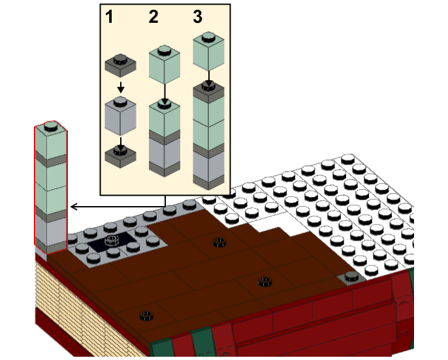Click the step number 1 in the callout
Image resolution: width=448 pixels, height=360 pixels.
[110, 17]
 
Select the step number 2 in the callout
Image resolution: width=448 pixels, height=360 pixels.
[153, 17]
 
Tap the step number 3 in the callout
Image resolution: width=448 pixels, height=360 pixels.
[197, 17]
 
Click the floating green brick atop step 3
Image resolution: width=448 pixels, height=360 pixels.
[208, 48]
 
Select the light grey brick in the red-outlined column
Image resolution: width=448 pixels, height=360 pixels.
[51, 229]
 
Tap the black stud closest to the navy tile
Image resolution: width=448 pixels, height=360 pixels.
[219, 243]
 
